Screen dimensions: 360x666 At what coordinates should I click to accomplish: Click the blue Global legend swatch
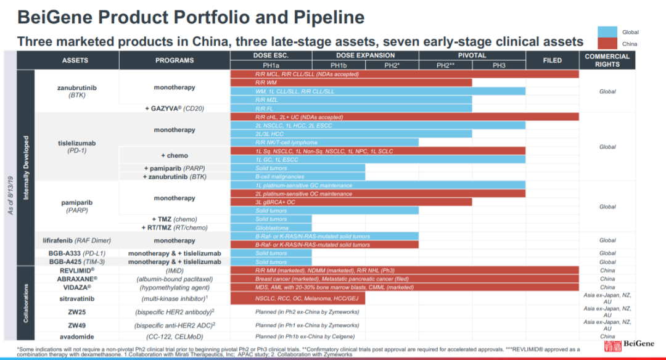tap(609, 32)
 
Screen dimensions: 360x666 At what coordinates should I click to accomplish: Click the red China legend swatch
tap(609, 44)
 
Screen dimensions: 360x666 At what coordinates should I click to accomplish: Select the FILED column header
tap(552, 60)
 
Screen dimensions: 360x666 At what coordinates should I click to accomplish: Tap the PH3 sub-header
tap(499, 65)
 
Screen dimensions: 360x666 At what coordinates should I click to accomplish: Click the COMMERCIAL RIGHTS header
tap(607, 60)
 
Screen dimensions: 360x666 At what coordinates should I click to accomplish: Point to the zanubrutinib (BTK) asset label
tap(77, 91)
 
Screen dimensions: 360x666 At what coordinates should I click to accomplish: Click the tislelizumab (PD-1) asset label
tap(77, 147)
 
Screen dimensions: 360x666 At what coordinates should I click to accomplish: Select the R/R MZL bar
tap(351, 99)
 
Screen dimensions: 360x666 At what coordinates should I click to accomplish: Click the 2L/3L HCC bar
tap(351, 134)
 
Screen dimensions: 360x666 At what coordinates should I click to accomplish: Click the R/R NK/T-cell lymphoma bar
tap(324, 142)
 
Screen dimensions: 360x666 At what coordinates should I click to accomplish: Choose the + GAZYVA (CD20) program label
tap(175, 108)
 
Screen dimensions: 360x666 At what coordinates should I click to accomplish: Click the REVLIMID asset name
tap(77, 270)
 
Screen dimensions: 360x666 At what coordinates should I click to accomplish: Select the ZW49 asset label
tap(77, 325)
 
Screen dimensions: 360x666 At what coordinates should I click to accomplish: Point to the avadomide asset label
tap(77, 337)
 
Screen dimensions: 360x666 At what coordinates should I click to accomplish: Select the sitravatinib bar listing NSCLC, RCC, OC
tap(297, 298)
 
